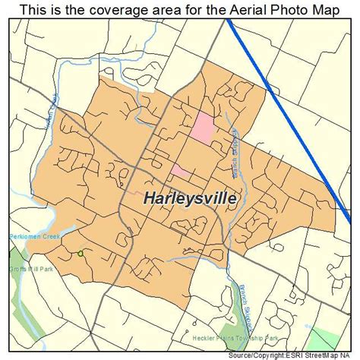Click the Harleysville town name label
(191, 198)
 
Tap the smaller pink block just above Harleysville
(178, 170)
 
